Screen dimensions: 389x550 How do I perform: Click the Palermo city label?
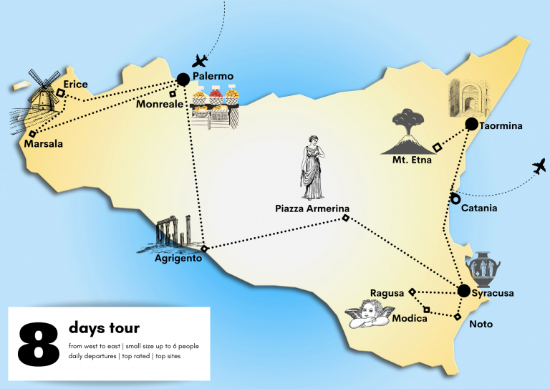(x=213, y=77)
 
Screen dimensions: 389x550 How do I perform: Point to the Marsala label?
(x=43, y=144)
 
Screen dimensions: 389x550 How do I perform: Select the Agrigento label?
(x=178, y=258)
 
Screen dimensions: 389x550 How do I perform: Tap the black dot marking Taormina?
(x=471, y=124)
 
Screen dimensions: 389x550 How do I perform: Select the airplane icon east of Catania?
(x=539, y=168)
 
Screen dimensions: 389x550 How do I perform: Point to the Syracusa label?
(x=495, y=293)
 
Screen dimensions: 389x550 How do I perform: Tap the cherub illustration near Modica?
(x=370, y=314)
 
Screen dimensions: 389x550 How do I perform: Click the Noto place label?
(x=481, y=325)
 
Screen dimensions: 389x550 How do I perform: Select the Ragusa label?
(x=387, y=292)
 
